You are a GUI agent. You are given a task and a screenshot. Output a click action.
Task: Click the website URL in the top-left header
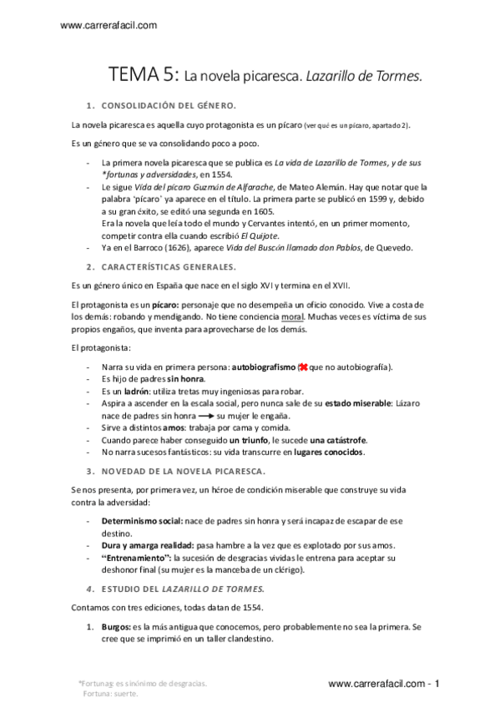[109, 26]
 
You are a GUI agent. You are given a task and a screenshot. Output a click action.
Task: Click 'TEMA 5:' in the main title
[144, 75]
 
